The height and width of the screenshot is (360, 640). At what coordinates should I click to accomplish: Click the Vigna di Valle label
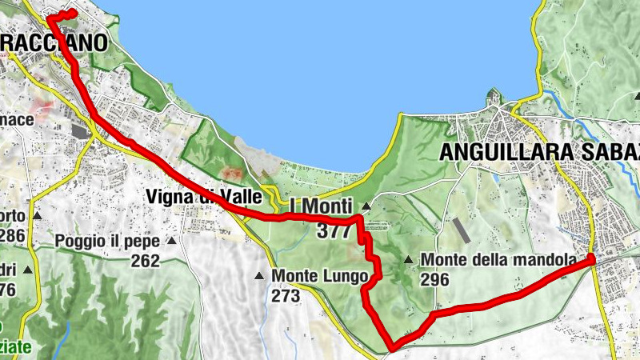204,196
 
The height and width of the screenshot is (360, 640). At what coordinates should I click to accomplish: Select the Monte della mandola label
498,260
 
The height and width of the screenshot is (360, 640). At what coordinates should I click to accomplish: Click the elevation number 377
335,232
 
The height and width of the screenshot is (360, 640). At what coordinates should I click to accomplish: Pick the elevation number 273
285,296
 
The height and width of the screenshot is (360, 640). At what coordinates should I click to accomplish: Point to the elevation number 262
146,261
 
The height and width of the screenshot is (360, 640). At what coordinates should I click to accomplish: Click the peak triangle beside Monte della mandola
409,259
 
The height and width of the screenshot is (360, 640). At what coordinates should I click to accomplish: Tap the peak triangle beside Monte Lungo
259,276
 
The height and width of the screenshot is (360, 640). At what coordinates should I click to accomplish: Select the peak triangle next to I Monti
365,206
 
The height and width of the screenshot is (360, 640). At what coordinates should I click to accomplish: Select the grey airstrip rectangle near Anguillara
462,231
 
